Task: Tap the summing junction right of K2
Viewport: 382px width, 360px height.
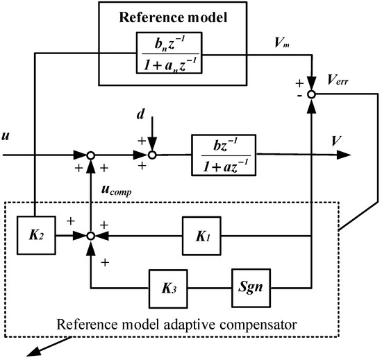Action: coord(90,237)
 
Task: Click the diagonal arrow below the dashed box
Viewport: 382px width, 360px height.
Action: coord(42,348)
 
